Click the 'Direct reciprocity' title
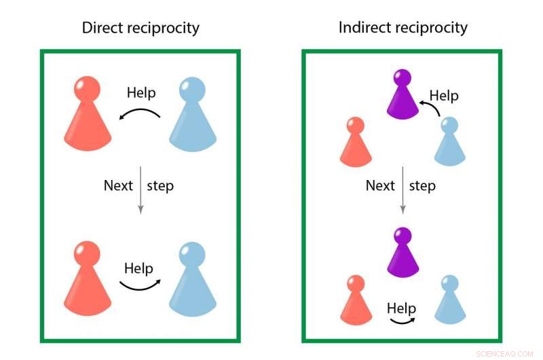coord(141,28)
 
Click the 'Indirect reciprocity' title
coord(403,28)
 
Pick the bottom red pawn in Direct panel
coord(88,278)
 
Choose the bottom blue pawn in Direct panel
coord(192,278)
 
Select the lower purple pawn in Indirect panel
coord(403,253)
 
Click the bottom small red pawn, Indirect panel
coord(355,300)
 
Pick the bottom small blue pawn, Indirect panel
coord(449,300)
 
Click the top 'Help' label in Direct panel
coord(141,93)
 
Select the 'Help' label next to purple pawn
coord(444,96)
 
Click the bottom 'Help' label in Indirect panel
coord(401,308)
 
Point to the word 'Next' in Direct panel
coord(118,185)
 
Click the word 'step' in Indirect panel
coord(422,185)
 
